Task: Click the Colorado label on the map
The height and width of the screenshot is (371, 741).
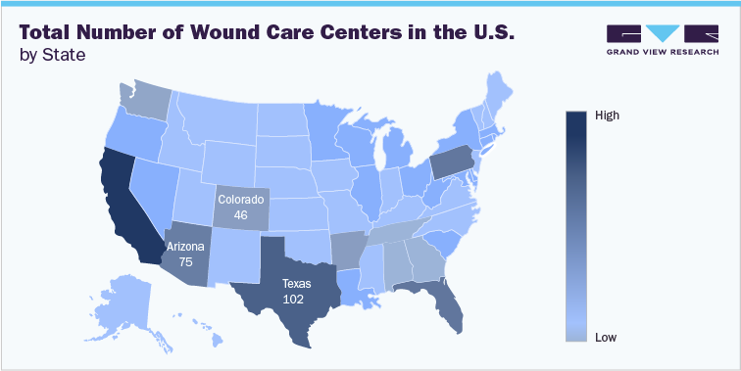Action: point(241,199)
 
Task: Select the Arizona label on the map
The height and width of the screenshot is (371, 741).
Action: point(186,247)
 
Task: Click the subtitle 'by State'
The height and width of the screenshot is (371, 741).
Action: point(52,55)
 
